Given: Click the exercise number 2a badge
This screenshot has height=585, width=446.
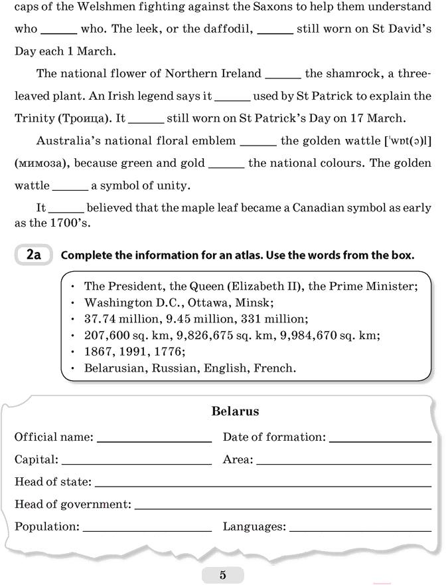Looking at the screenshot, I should click(x=33, y=255).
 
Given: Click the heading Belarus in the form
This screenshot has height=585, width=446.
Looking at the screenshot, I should click(x=235, y=411).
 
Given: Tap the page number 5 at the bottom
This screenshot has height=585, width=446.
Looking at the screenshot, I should click(x=222, y=575).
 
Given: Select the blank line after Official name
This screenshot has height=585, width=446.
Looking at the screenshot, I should click(x=154, y=441).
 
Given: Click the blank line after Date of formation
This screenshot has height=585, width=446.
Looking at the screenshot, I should click(x=380, y=441).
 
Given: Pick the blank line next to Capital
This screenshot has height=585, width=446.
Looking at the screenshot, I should click(x=136, y=463).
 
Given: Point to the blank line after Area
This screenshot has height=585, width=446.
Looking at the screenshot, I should click(x=344, y=463).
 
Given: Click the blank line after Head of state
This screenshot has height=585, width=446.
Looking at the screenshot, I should click(x=263, y=485).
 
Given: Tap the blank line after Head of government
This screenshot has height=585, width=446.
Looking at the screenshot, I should click(x=283, y=508).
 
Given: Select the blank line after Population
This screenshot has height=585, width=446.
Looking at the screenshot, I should click(x=147, y=530).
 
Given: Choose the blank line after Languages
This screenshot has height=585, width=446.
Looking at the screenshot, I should click(x=360, y=530).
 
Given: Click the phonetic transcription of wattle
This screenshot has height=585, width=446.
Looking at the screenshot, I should click(x=408, y=141).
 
